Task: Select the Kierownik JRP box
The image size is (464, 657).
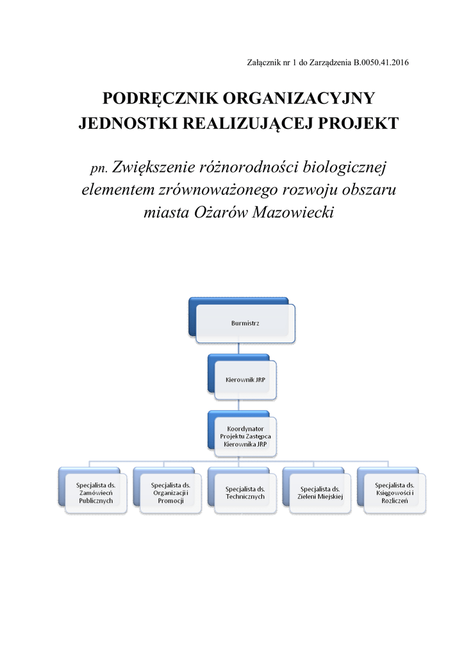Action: pyautogui.click(x=246, y=380)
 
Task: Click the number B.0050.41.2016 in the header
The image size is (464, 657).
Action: pyautogui.click(x=381, y=62)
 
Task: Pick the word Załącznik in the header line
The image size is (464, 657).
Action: pyautogui.click(x=263, y=62)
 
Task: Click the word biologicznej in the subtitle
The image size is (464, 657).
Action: pyautogui.click(x=340, y=168)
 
